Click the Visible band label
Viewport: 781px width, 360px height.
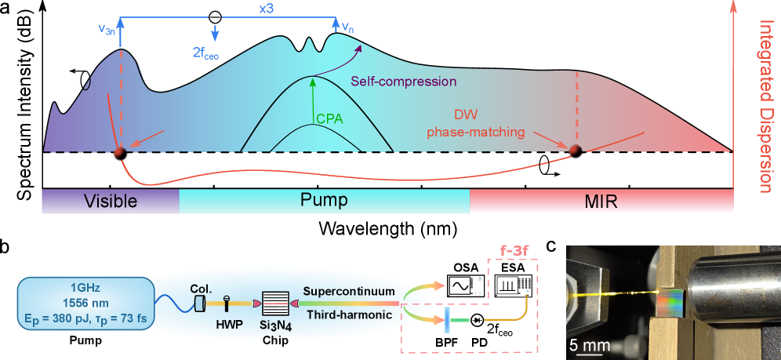coord(111,202)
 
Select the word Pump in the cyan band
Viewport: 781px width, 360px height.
coord(324,201)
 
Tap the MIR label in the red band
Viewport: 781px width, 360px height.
coord(601,202)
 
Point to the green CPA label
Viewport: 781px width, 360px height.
coord(331,119)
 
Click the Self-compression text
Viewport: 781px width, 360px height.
coord(403,81)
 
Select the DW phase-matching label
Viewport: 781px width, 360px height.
coord(475,123)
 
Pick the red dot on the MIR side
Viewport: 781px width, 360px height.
coord(575,150)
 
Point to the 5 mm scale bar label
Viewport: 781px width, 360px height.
coord(586,345)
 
